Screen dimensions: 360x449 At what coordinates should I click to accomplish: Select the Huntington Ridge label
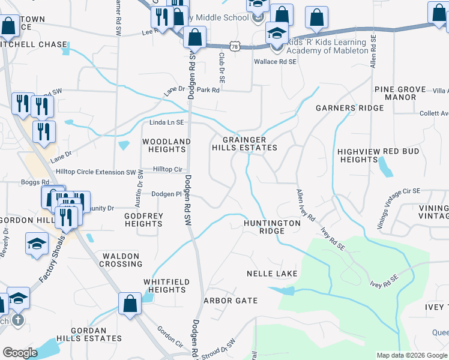coord(272,227)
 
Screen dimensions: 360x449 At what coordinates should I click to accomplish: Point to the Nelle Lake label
coord(272,274)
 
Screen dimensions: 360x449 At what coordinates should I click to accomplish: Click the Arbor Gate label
coord(231,301)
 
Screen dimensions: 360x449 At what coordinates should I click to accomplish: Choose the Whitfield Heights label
coord(166,286)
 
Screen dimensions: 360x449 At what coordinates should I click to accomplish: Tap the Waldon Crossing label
coord(121,260)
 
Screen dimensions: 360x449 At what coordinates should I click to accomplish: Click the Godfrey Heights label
coord(143,219)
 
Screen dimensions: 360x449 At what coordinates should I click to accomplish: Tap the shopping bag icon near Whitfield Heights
coord(130,304)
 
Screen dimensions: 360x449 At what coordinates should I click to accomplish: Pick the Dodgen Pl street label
coord(166,194)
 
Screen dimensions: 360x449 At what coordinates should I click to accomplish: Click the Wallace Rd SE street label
coord(275,61)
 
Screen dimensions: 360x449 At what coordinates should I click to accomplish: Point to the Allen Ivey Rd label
coord(306,206)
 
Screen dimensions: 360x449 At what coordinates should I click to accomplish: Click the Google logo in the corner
coord(20,353)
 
